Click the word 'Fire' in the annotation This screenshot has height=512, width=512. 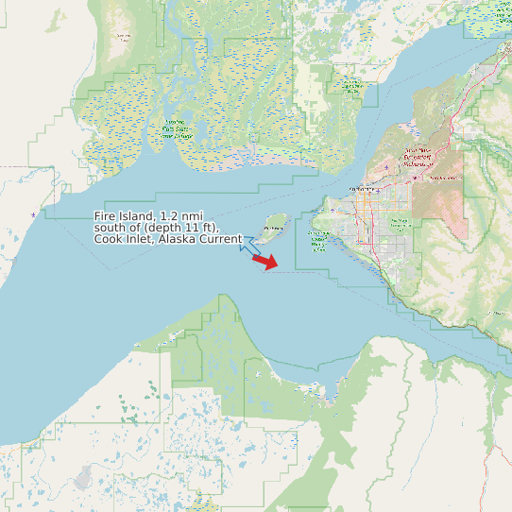coord(107,217)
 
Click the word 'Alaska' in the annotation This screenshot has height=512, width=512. coord(176,239)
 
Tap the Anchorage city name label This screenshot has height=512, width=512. coord(363,190)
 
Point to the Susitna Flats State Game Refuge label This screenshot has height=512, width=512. coord(177,130)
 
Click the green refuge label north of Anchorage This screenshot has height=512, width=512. coord(350,86)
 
